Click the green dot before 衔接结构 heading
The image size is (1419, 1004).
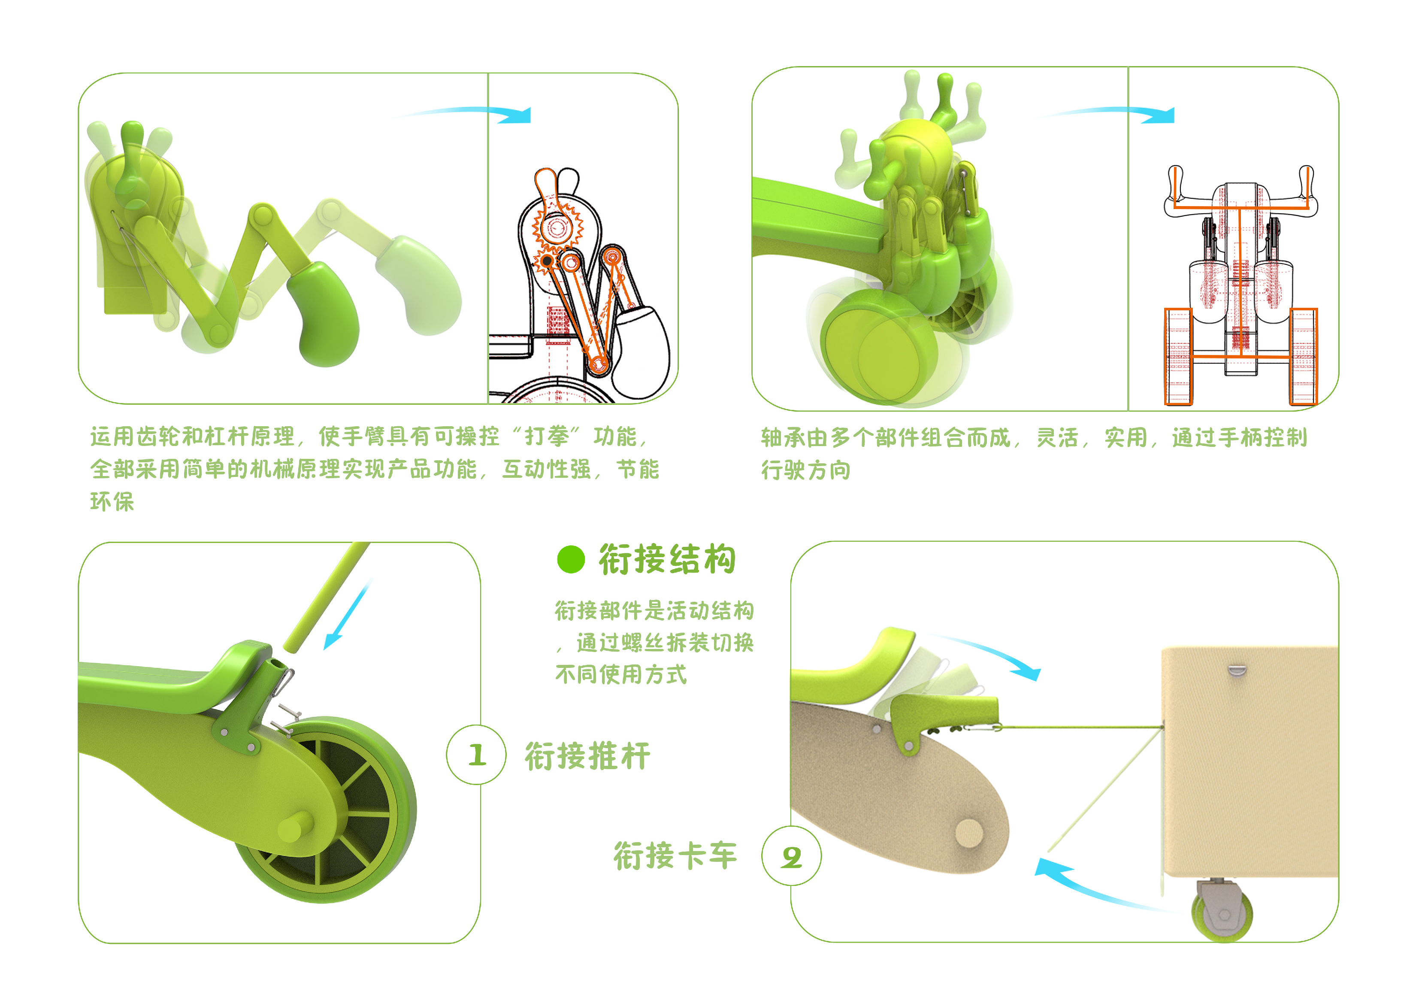pos(570,559)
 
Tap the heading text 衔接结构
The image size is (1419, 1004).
pos(668,559)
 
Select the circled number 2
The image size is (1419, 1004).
pos(792,856)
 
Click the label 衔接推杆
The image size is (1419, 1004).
pos(587,756)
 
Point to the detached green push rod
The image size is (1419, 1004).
pos(326,597)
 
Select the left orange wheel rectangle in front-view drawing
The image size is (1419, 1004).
pos(1178,357)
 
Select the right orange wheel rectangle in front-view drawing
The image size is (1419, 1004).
pos(1304,357)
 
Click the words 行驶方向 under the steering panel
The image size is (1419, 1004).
pos(805,470)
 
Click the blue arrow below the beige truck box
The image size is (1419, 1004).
pos(1088,884)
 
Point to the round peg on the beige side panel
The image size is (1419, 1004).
pos(968,833)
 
